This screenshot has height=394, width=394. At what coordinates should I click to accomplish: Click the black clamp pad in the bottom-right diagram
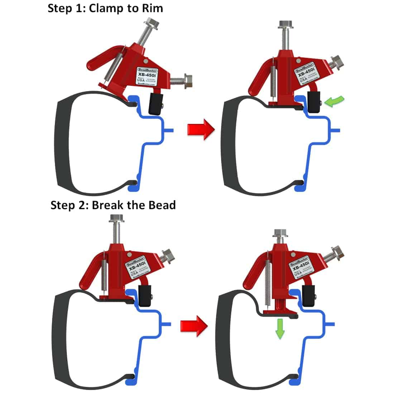(x=308, y=296)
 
